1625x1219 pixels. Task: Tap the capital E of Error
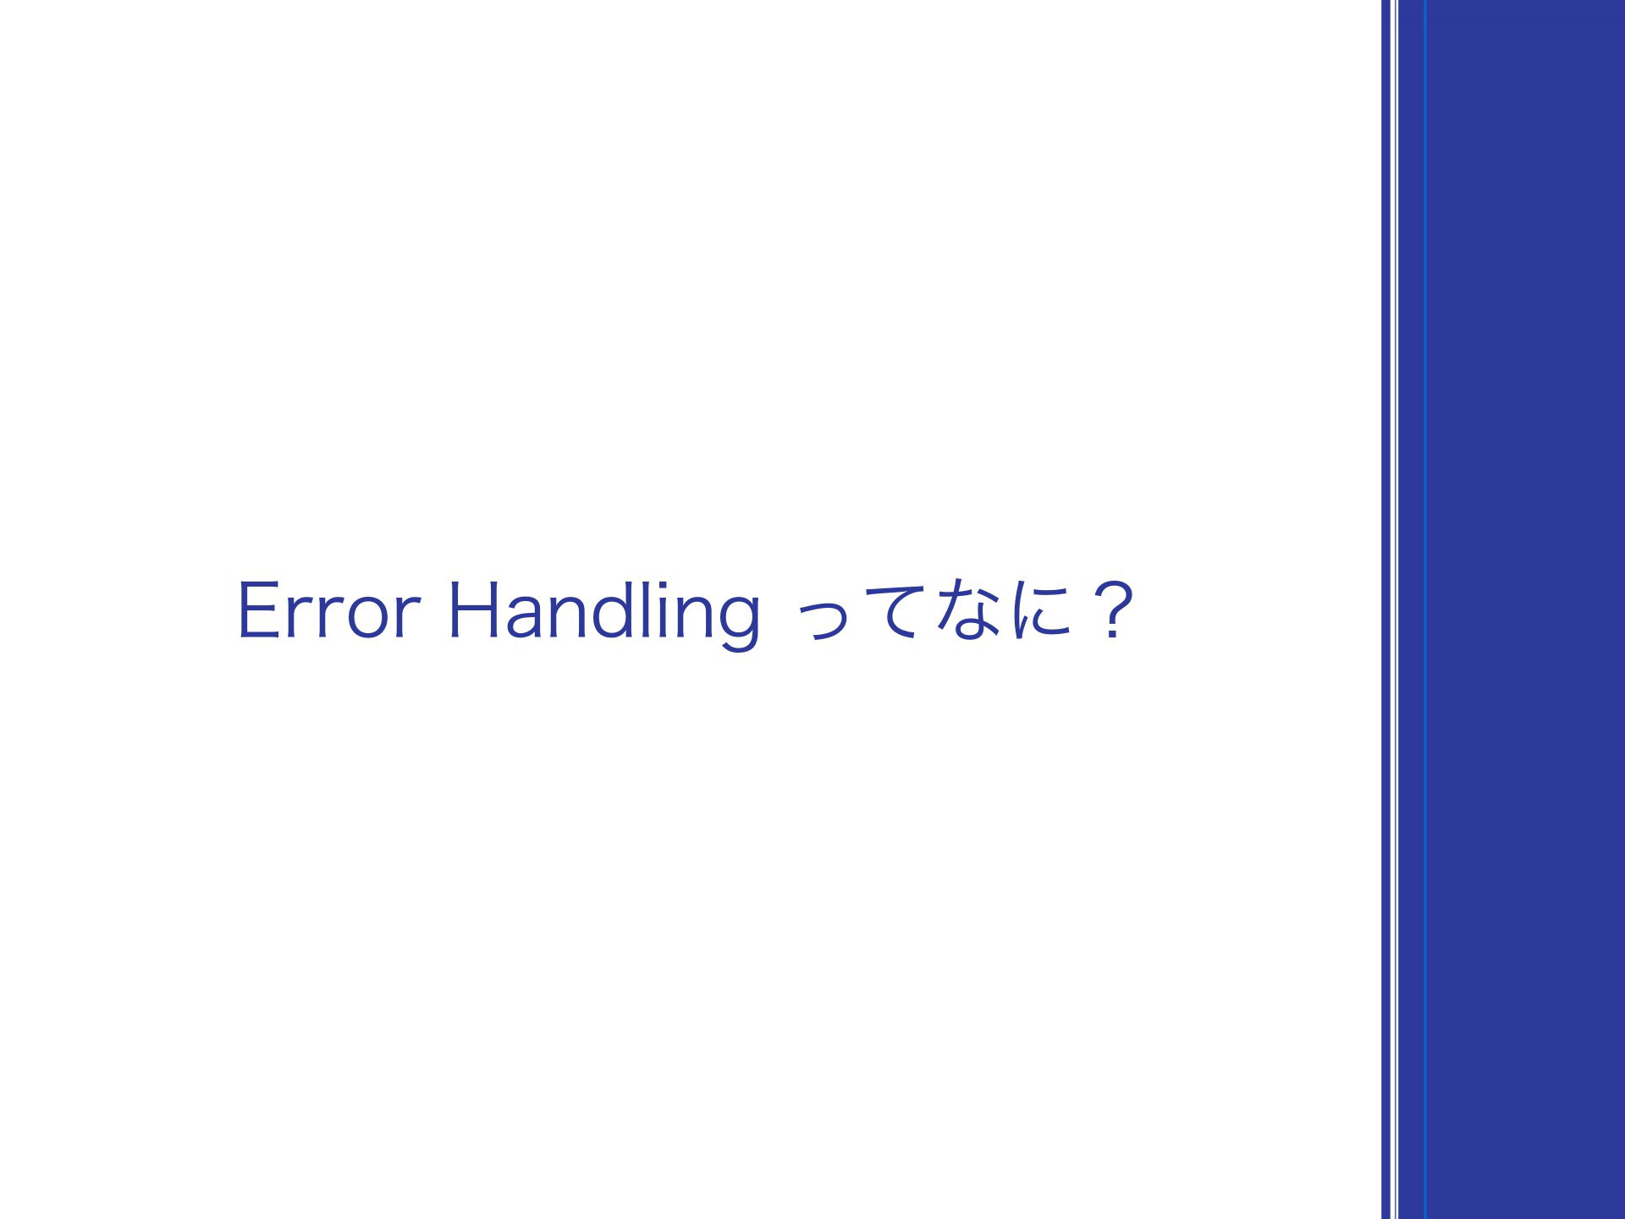[x=258, y=610]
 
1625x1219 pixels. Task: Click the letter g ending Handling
[x=741, y=625]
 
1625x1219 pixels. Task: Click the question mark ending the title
[x=1110, y=610]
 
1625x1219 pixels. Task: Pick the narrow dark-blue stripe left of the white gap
[x=1386, y=609]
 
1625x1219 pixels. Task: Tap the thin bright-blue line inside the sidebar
[x=1425, y=609]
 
